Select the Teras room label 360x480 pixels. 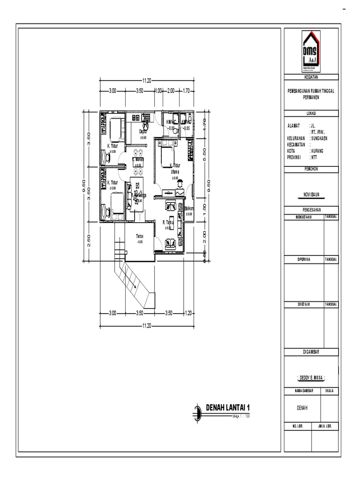[140, 236]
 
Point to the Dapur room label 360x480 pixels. [143, 132]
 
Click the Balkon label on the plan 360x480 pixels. [189, 209]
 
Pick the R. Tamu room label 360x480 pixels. [168, 223]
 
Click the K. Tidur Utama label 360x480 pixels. [175, 168]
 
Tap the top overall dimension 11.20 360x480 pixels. [147, 81]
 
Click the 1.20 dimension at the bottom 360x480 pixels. [189, 313]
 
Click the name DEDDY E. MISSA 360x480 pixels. [311, 377]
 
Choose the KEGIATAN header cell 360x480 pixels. [311, 77]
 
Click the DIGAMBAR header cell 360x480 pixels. [311, 351]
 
